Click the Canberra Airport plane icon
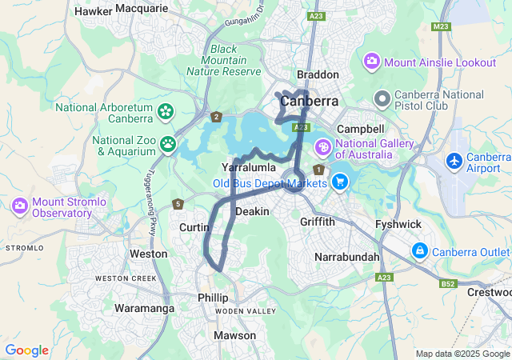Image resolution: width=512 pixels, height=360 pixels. (455, 161)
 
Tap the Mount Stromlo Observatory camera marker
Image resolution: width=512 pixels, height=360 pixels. (20, 206)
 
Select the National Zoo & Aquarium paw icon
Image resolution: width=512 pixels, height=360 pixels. (169, 144)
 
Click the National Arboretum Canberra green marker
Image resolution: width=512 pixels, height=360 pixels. (166, 112)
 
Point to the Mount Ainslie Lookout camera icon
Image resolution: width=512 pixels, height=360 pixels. (372, 62)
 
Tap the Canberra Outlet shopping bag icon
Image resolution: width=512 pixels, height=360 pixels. (419, 252)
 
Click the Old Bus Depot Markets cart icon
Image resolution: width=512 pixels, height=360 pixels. (340, 182)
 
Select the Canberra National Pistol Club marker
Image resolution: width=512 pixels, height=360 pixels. (382, 100)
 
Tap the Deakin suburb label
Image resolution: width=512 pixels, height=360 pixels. (252, 211)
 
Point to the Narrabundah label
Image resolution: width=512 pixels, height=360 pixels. (347, 258)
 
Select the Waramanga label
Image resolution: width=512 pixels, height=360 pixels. (144, 308)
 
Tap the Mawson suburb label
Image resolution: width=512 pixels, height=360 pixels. (235, 335)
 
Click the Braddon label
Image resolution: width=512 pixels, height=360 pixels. (318, 74)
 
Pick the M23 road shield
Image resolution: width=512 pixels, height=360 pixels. (440, 26)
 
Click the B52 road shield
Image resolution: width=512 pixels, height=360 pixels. (447, 283)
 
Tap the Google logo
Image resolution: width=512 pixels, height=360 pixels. (26, 350)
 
